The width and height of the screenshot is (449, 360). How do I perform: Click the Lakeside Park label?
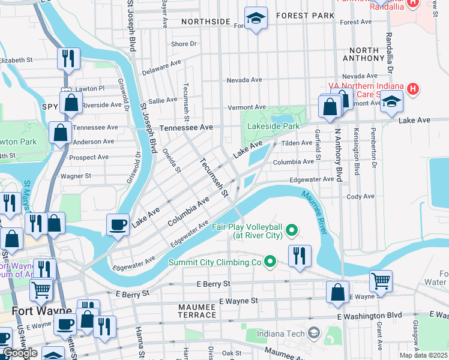[273, 127]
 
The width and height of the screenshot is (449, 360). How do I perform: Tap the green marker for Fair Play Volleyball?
[292, 229]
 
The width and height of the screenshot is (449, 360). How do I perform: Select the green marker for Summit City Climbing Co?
[270, 261]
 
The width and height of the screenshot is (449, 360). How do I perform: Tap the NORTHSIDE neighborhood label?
[206, 22]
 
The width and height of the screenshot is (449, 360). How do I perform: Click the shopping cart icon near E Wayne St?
[381, 280]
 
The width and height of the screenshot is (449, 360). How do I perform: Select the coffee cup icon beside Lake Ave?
[118, 224]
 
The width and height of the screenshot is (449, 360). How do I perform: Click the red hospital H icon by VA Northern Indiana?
[412, 89]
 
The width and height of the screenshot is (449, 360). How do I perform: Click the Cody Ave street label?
[360, 196]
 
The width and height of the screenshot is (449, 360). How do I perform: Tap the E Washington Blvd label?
[369, 316]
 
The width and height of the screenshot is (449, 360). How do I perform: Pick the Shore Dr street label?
[184, 44]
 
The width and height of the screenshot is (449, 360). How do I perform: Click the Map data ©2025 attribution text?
[423, 355]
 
